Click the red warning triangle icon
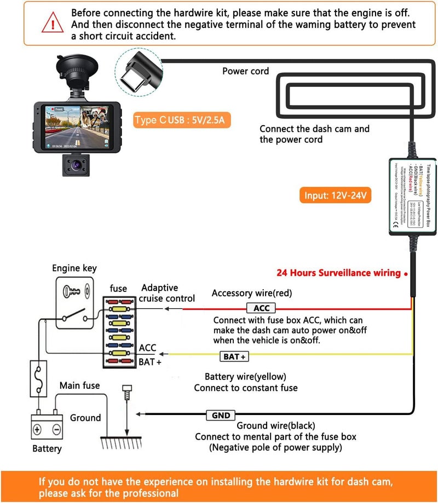point(53,24)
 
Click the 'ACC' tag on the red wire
point(261,308)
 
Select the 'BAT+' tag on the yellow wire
point(235,356)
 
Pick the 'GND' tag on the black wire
point(221,416)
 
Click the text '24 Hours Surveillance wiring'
point(339,273)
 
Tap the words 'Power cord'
point(245,71)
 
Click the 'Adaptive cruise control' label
point(166,293)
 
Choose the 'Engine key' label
point(74,268)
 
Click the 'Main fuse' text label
point(79,385)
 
